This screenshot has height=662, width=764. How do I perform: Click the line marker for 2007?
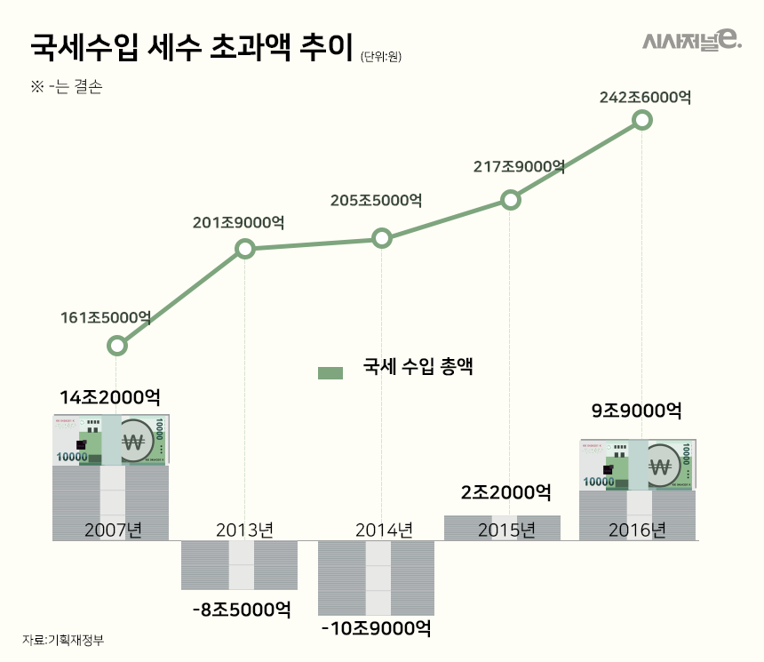116,346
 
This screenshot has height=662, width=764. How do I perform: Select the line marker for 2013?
246,249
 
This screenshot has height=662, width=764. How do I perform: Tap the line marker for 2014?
381,238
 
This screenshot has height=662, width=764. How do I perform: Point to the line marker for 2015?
510,200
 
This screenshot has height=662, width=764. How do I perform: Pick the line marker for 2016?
641,120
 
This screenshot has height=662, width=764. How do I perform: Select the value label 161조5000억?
106,317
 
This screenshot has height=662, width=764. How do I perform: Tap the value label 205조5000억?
376,201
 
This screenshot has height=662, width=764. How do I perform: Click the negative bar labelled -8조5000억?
239,565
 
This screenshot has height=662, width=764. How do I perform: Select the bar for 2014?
377,578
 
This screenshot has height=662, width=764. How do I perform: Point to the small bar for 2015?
502,527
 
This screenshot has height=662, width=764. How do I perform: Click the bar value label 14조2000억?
110,396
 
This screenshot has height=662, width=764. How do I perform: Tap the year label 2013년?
244,530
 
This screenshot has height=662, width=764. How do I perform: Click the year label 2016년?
637,530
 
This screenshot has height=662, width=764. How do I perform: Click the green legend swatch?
330,373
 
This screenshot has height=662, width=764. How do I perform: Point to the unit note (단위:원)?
382,58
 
